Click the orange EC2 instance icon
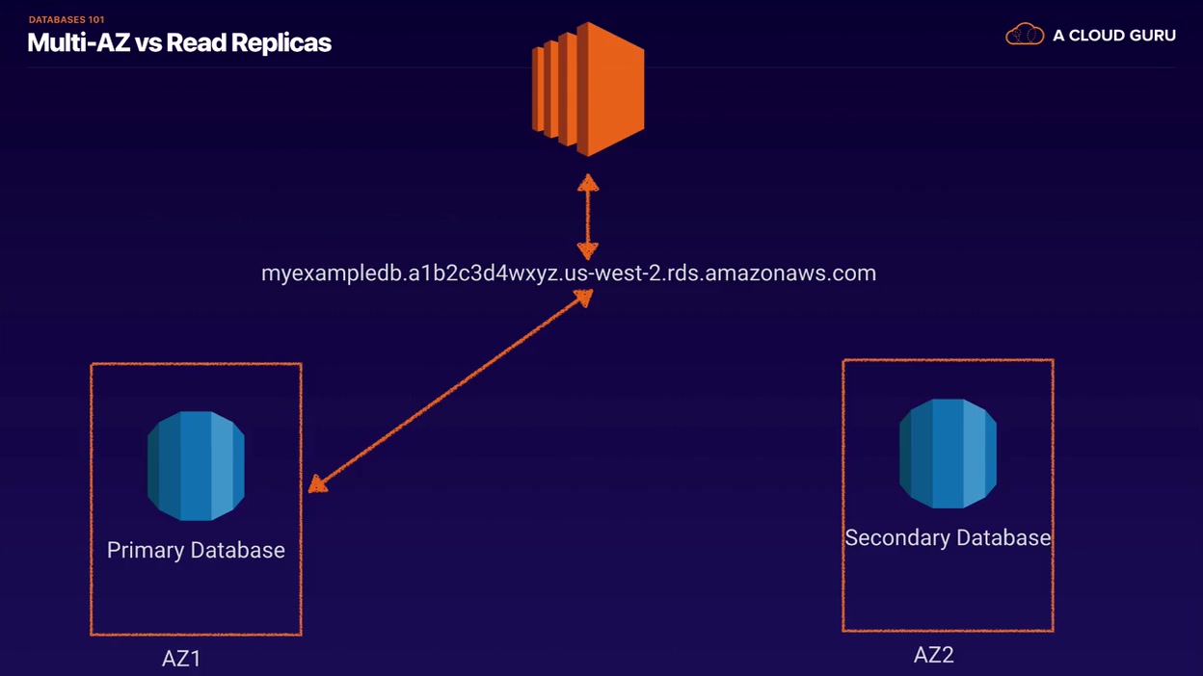coord(588,89)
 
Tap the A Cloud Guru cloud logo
coord(1025,35)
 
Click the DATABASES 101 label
coord(67,20)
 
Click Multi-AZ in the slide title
coord(79,42)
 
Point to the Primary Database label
coord(196,551)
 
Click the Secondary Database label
coord(948,538)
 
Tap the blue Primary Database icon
coord(196,466)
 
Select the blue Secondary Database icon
coord(948,454)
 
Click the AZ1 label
coord(181,659)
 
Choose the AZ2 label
coord(934,655)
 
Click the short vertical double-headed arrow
coord(588,217)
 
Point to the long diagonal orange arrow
coord(450,391)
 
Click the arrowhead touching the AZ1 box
coord(317,484)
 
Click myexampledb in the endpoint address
coord(332,274)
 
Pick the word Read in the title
coord(196,43)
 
